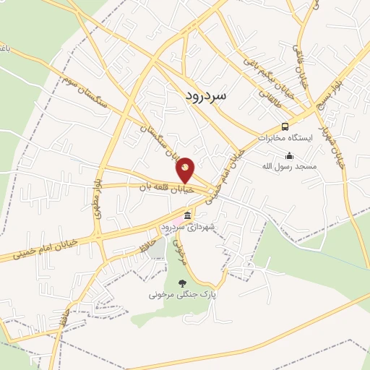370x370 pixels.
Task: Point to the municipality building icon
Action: [188, 216]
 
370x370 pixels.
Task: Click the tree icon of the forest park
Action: [182, 283]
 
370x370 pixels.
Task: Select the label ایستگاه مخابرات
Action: [288, 137]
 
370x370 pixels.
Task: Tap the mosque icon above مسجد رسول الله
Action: [290, 155]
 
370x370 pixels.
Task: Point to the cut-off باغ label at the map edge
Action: [4, 50]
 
